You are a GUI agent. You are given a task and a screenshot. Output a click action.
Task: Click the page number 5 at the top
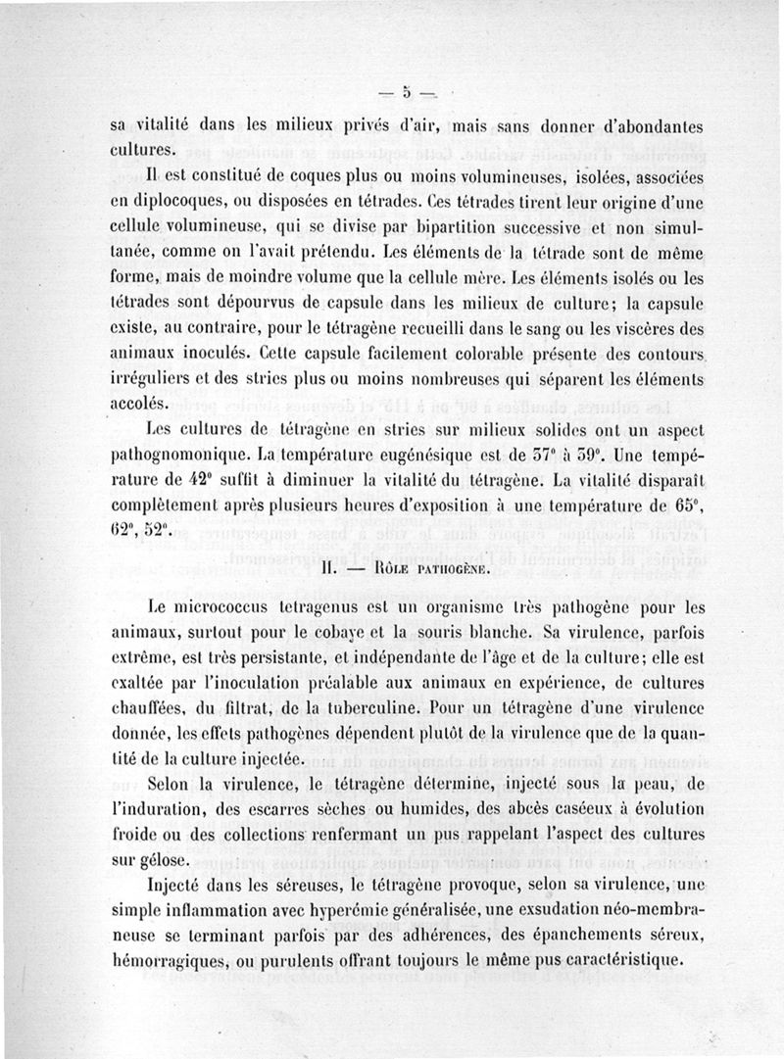[403, 94]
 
